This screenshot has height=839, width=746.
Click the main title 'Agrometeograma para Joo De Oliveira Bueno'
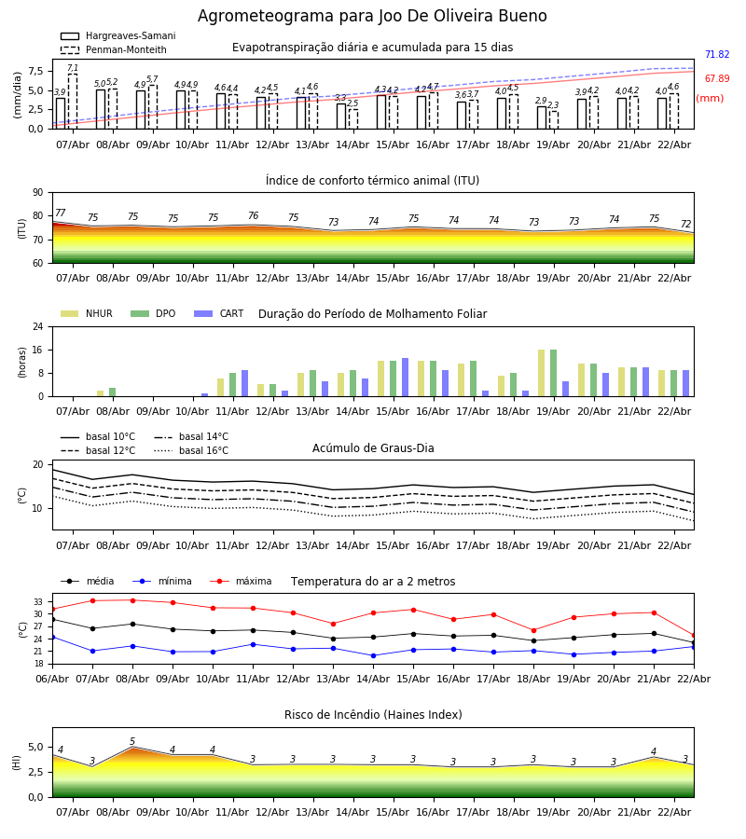[372, 17]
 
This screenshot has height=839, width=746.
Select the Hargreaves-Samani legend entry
[117, 36]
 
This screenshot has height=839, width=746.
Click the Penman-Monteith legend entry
[114, 50]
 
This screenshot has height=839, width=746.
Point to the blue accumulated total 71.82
[716, 55]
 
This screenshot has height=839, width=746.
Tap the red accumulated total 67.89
[716, 79]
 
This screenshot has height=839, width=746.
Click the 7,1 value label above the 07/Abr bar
[73, 69]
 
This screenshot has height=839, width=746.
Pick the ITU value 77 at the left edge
[61, 213]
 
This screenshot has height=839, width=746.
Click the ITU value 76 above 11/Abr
[253, 216]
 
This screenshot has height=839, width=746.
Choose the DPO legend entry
[153, 314]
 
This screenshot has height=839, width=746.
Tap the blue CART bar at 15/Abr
[405, 378]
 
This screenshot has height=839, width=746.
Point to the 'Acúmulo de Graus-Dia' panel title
[373, 448]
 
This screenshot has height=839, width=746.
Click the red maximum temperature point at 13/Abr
[333, 624]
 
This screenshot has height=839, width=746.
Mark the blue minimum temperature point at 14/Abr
[373, 655]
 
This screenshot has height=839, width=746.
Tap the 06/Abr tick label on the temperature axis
[52, 678]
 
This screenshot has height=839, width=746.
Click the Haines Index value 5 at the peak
[132, 742]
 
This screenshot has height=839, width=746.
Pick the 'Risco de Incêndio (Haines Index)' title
[373, 715]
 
